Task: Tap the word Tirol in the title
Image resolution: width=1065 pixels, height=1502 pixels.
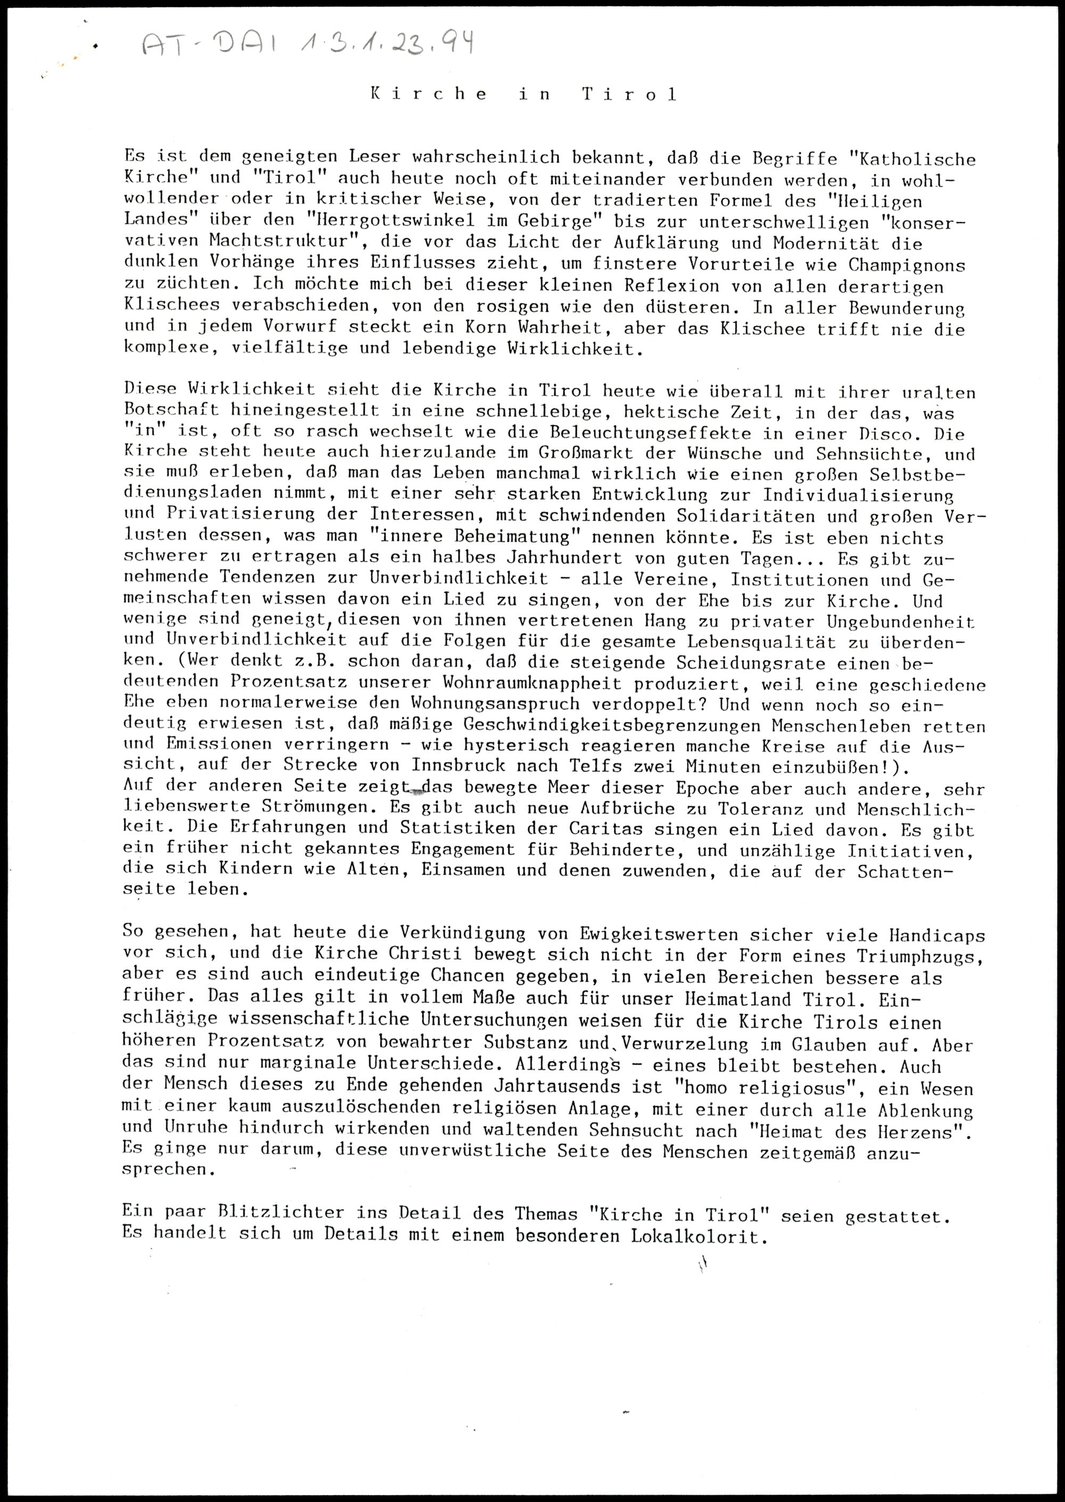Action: (629, 94)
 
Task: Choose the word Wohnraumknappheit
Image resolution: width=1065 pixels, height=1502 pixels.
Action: (532, 683)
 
